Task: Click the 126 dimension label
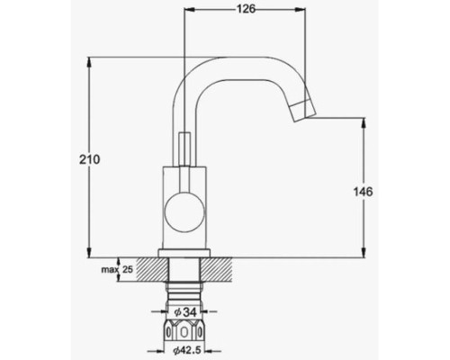pyautogui.click(x=246, y=9)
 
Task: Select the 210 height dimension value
pyautogui.click(x=89, y=159)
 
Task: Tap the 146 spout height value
pyautogui.click(x=363, y=192)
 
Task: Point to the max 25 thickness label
pyautogui.click(x=117, y=269)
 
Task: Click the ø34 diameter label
pyautogui.click(x=185, y=312)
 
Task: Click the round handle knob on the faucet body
pyautogui.click(x=184, y=211)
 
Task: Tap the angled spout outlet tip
pyautogui.click(x=304, y=112)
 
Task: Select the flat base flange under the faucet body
pyautogui.click(x=184, y=253)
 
